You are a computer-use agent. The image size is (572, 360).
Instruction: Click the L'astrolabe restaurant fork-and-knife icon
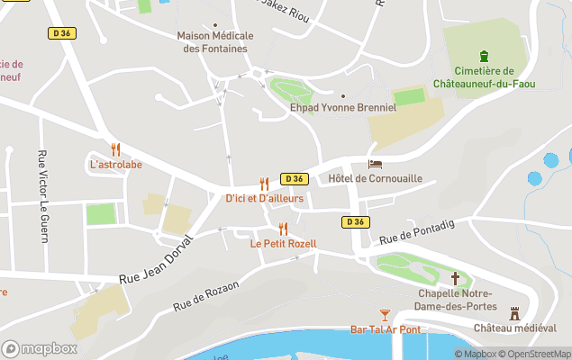click(115, 149)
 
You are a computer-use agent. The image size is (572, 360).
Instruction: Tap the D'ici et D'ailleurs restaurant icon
click(264, 183)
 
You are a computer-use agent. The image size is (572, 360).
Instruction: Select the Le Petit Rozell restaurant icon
click(283, 229)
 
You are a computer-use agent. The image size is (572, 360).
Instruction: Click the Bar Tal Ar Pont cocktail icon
click(385, 314)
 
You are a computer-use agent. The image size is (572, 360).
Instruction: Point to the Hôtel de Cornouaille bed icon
click(375, 164)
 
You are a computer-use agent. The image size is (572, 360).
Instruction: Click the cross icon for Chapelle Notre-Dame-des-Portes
click(455, 278)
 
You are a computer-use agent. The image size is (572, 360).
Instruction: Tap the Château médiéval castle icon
click(515, 313)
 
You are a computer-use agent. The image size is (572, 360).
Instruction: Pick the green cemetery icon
click(484, 56)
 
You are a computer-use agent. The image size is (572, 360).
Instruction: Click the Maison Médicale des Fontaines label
click(216, 41)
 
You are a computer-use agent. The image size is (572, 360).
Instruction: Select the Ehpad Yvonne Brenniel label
click(342, 107)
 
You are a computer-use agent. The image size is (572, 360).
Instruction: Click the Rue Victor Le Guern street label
click(41, 195)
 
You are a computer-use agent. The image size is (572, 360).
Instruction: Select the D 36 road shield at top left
click(59, 32)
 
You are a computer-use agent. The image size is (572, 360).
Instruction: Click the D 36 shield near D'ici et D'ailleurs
click(294, 178)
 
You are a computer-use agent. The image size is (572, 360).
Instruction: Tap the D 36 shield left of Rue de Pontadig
click(355, 221)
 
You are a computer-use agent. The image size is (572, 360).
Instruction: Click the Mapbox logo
click(39, 348)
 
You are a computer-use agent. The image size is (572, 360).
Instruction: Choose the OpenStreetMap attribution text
click(538, 354)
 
